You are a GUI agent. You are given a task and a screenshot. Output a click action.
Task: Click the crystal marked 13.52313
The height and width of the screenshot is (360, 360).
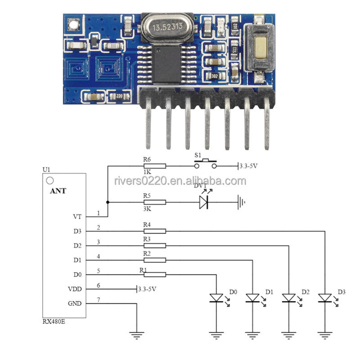click(x=167, y=27)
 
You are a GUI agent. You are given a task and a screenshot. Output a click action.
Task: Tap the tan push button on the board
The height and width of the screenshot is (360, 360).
click(x=261, y=48)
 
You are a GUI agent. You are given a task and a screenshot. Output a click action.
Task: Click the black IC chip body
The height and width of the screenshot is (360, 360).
click(x=167, y=64)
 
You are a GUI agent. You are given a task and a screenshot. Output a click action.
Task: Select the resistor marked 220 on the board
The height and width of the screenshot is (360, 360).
click(x=119, y=96)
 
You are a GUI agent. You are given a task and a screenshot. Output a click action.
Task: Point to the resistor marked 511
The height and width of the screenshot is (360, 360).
click(x=234, y=49)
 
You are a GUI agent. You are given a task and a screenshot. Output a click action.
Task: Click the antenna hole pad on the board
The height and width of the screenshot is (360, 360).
click(x=73, y=25)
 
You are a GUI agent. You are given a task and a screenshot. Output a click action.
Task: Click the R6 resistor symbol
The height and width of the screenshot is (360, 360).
click(x=155, y=166)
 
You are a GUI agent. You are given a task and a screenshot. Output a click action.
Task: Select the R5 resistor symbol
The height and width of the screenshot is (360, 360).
click(x=155, y=202)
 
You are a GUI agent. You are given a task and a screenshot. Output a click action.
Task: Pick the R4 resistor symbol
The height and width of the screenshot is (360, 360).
click(x=155, y=231)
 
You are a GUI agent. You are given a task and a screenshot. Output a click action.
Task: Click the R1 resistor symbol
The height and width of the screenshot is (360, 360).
click(x=155, y=274)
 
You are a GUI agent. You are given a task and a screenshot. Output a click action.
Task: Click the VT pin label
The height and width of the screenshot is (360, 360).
click(x=77, y=216)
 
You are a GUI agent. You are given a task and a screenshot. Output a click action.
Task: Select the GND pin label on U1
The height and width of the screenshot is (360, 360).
click(x=75, y=303)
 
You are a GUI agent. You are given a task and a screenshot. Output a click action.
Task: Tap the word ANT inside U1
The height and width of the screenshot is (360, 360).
click(x=58, y=191)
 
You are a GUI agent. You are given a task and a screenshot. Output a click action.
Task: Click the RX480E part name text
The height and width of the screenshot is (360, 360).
click(x=54, y=321)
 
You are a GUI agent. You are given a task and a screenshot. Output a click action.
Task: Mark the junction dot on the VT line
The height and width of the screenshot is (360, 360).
click(x=108, y=202)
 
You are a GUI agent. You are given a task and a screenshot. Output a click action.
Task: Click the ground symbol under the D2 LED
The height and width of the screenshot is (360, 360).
click(x=288, y=335)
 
